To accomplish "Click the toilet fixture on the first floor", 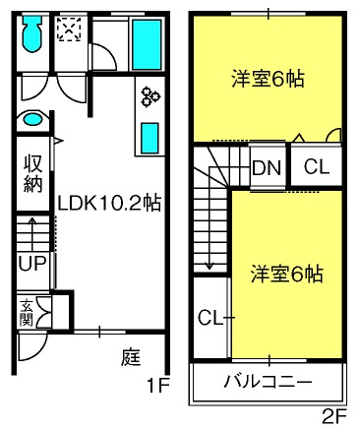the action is pos(31,33).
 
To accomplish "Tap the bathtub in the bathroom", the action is pos(147,44).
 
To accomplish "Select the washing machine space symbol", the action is pos(69,30).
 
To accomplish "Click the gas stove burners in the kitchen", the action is pos(150,96).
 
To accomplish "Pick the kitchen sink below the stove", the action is pos(150,138).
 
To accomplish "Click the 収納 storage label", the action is pos(33,173).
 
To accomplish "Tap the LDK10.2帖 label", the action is pos(109,204).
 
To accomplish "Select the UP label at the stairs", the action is pos(31,264).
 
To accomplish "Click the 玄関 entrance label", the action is pos(26,313).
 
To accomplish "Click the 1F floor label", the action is pos(157,386).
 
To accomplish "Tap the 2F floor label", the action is pos(334,417).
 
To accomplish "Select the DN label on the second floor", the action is pos(267,168).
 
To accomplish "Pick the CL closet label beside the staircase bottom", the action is pos(210,318).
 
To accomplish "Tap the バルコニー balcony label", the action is pos(268,382).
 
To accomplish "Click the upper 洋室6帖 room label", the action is pos(269,79).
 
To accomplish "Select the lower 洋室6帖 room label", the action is pos(287,275).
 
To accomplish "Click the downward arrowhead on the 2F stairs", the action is pos(210,266).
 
